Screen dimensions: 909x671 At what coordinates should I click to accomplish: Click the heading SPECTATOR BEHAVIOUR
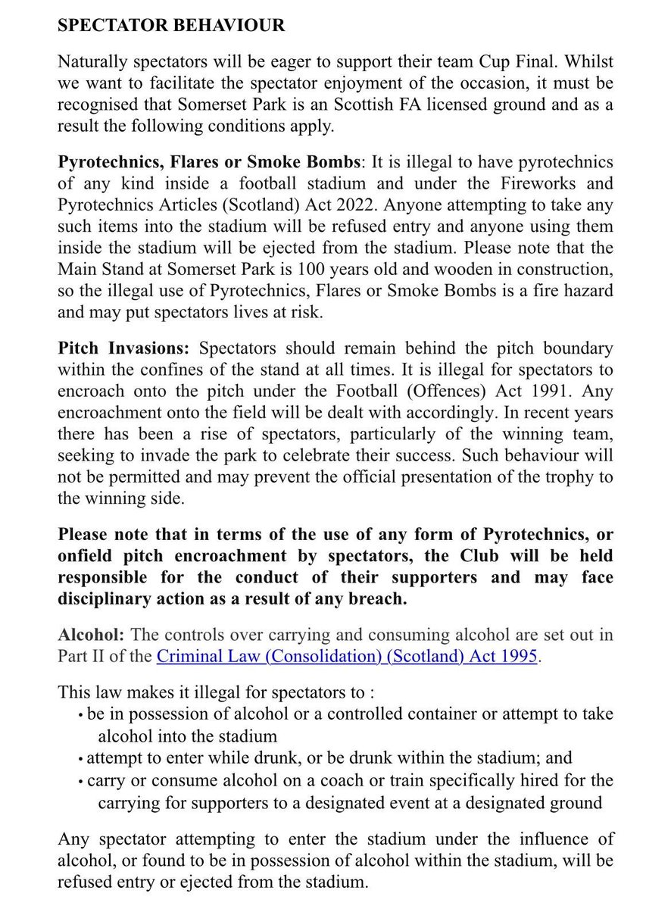click(x=171, y=26)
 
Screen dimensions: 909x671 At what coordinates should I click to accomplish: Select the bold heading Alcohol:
click(x=89, y=635)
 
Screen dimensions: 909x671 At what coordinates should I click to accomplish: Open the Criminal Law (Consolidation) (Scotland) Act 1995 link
click(x=347, y=656)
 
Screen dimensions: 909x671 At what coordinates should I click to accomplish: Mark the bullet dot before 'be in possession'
click(x=81, y=714)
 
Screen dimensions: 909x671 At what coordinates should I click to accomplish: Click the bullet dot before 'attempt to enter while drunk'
click(x=81, y=758)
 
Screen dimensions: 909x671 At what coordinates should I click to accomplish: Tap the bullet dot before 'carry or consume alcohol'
click(x=81, y=780)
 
